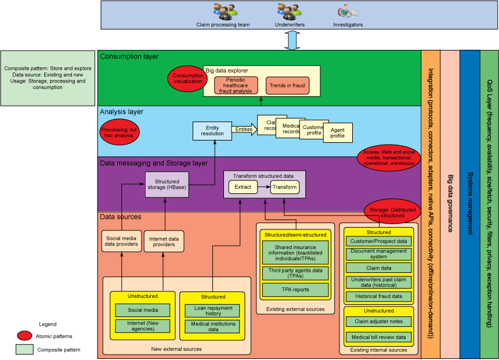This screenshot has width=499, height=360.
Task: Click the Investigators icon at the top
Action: (346, 12)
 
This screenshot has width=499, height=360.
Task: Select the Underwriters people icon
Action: (289, 12)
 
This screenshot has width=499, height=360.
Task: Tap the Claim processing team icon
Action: (225, 12)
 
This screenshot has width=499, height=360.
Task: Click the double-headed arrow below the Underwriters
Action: (292, 40)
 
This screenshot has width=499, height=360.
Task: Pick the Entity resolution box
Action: (212, 130)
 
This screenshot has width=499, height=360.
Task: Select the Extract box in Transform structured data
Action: (244, 187)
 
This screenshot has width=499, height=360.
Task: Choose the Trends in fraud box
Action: (287, 85)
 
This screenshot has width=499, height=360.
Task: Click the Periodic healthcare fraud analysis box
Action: (236, 85)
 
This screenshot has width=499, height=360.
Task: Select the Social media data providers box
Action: (121, 241)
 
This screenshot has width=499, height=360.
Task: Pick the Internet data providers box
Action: (164, 242)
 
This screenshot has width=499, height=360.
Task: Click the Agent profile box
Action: (338, 132)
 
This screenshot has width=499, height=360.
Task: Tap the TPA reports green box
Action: (296, 289)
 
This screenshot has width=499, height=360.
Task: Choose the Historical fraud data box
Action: (378, 296)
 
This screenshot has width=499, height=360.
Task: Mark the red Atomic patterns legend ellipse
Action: (24, 336)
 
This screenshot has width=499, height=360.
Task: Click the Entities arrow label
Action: (244, 129)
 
